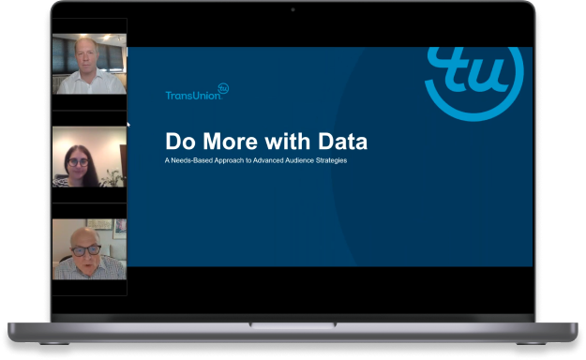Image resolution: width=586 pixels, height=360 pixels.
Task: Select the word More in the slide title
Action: (225, 142)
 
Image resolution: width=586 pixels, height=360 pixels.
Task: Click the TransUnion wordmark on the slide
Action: (190, 95)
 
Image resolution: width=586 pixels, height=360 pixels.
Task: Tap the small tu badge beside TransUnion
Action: (223, 89)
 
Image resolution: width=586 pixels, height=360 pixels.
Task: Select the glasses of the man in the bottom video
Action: (86, 249)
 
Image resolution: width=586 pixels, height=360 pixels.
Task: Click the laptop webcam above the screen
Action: (293, 8)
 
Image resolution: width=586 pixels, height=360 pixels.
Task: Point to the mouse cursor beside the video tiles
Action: (128, 123)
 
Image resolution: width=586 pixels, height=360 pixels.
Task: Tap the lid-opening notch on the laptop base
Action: (293, 325)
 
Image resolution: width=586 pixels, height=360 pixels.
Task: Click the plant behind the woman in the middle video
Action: (113, 176)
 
